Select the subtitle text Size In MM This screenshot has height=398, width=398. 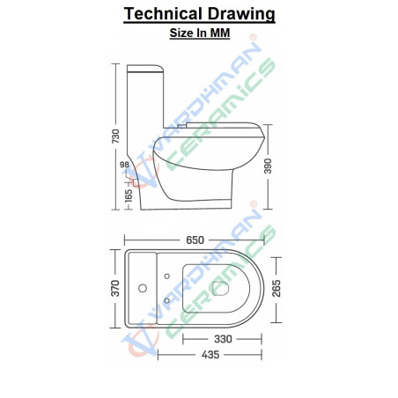tap(199, 33)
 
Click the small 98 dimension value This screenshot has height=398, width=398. tap(124, 165)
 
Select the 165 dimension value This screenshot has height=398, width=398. tap(129, 195)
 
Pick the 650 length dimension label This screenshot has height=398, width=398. tap(195, 240)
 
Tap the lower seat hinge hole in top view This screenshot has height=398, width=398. tap(168, 301)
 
